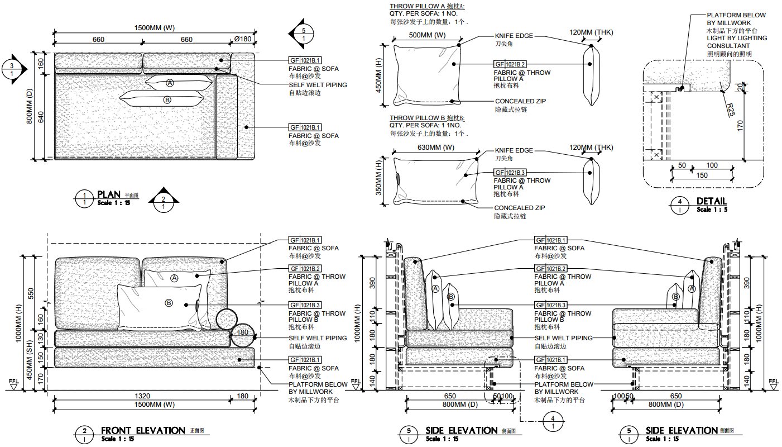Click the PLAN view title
point(109,194)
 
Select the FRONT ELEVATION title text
point(142,430)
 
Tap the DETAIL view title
point(711,201)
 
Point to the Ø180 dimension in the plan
point(243,39)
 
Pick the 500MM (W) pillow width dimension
point(427,35)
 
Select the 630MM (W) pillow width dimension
point(435,148)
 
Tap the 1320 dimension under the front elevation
point(142,396)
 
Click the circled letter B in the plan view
point(167,100)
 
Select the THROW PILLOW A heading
point(427,7)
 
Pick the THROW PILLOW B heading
point(427,118)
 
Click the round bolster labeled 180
point(243,334)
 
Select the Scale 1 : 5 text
point(712,210)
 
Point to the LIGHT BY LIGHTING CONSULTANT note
point(737,42)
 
